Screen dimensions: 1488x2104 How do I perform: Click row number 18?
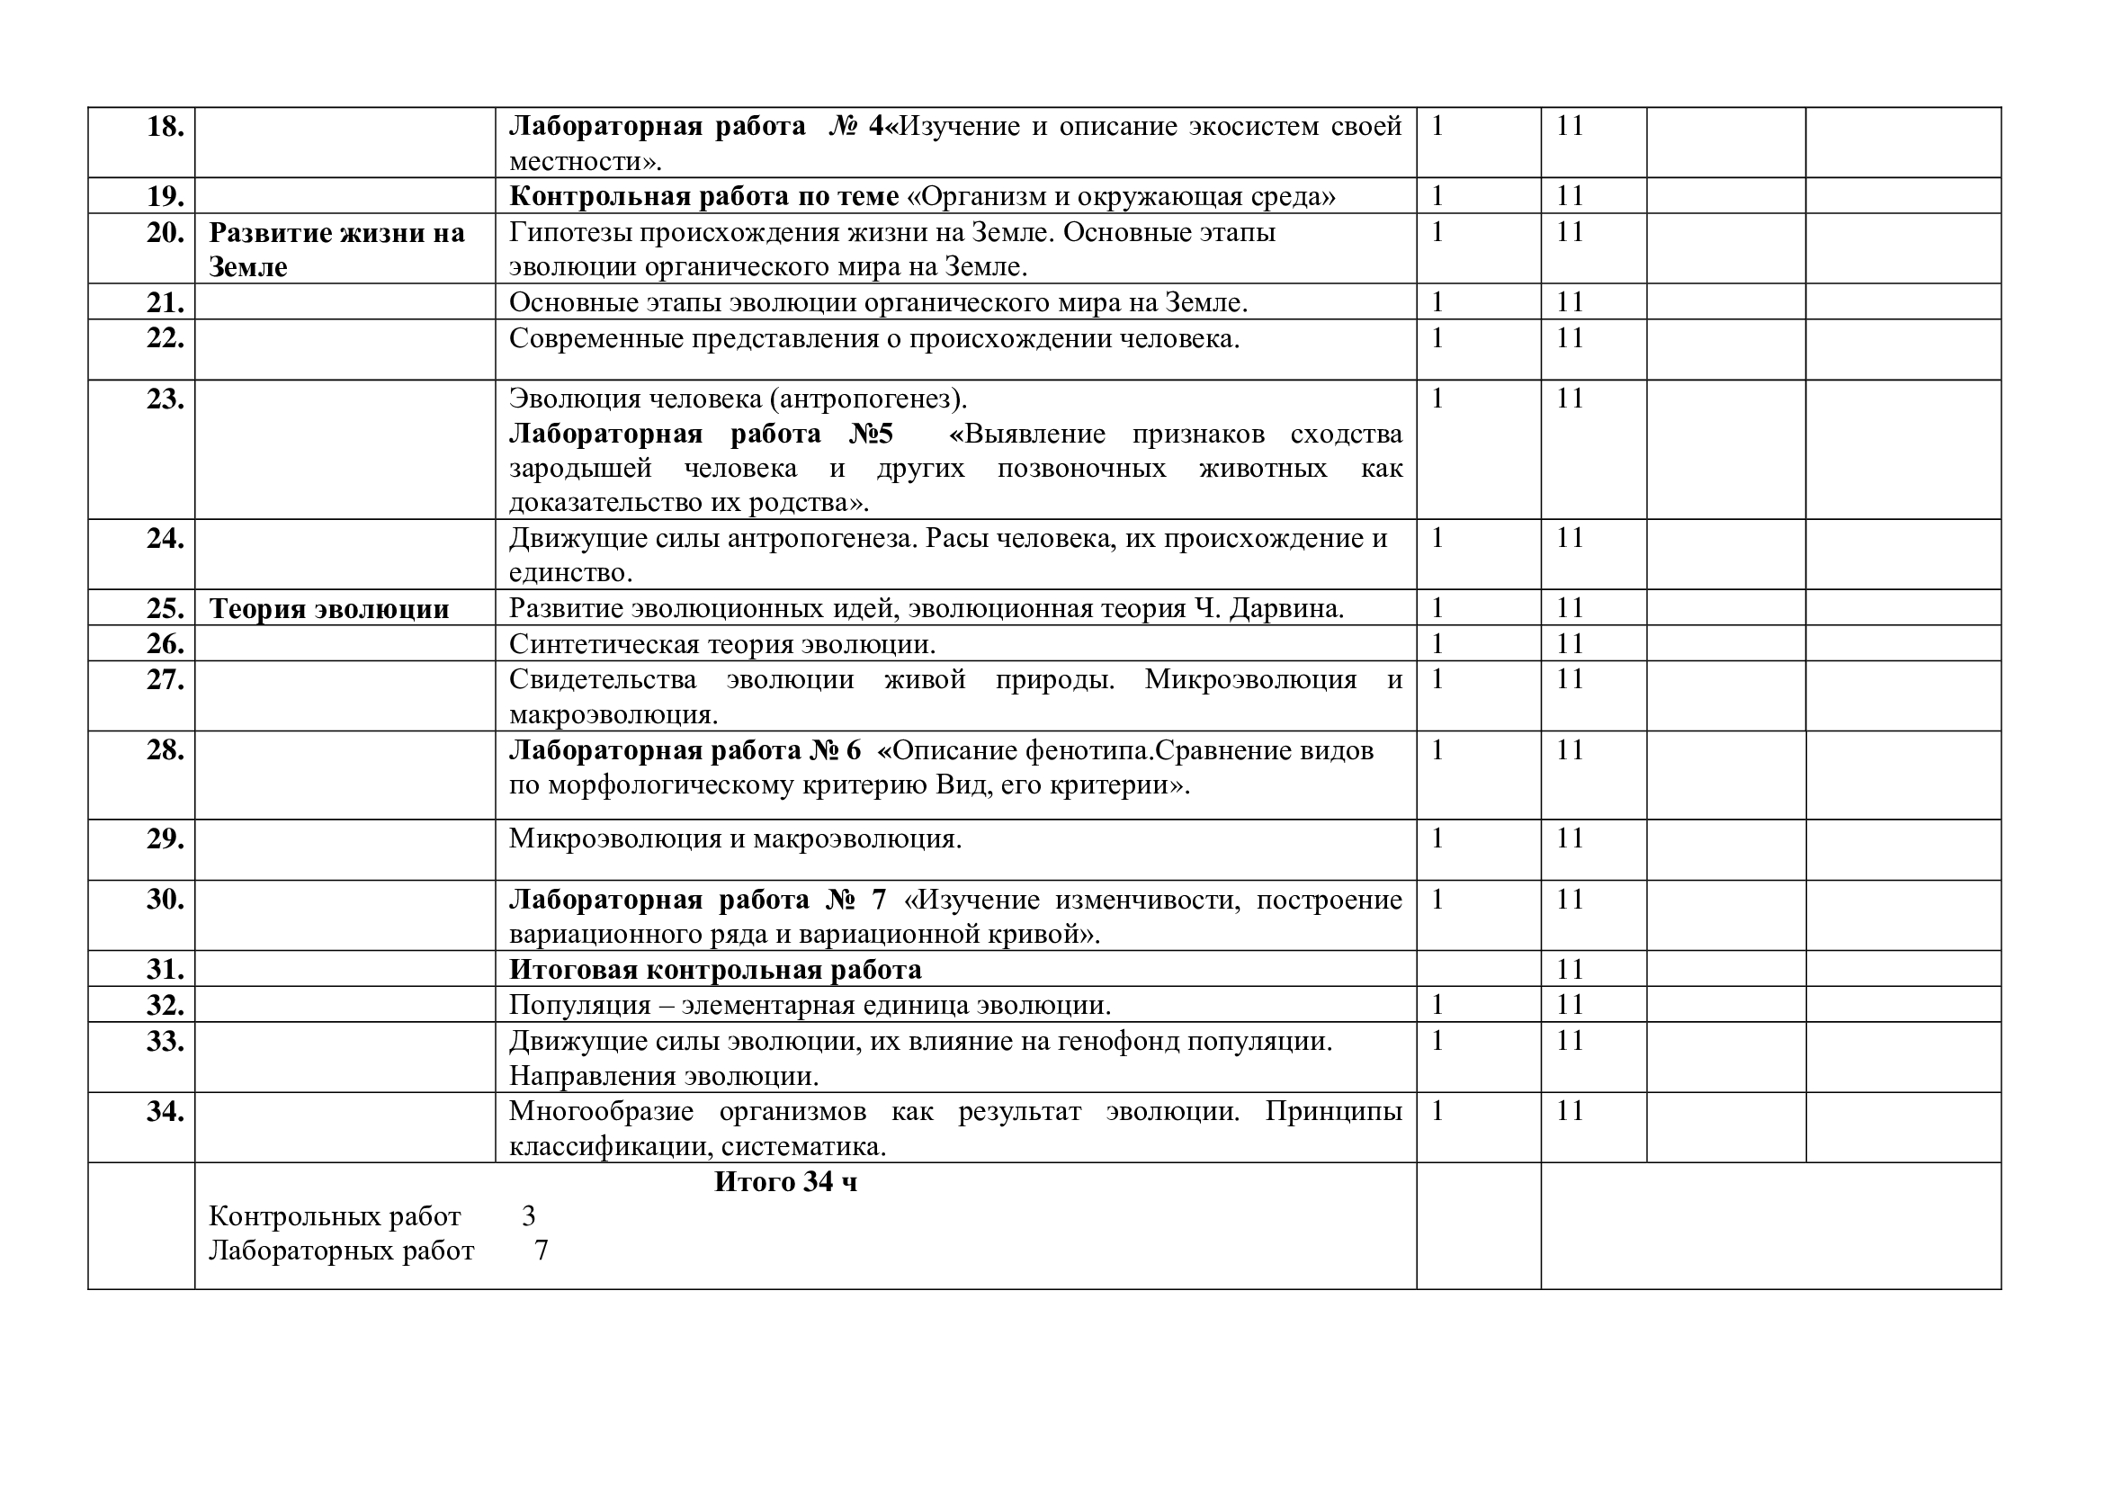coord(165,127)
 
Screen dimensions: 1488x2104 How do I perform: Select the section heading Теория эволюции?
coord(329,609)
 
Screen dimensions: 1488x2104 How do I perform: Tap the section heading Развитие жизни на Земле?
coord(336,249)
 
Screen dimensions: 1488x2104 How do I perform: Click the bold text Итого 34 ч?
coord(785,1182)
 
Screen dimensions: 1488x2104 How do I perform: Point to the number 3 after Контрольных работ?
coord(529,1216)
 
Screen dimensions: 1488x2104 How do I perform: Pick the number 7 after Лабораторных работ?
coord(542,1250)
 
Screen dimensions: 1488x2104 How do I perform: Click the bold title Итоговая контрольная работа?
coord(715,970)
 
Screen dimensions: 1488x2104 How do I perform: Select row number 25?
coord(165,609)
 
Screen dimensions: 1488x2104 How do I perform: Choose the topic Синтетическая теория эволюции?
coord(722,644)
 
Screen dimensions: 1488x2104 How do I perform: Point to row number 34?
coord(165,1112)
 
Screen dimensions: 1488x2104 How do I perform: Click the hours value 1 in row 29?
coord(1437,838)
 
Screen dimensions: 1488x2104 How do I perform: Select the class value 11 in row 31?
coord(1570,970)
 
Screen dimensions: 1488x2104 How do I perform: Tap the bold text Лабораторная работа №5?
coord(701,434)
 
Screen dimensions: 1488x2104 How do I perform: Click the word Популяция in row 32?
coord(578,1005)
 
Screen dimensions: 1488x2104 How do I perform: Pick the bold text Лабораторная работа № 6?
coord(685,750)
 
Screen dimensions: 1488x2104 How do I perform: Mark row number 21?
coord(165,302)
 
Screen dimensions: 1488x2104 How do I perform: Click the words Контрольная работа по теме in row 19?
coord(703,197)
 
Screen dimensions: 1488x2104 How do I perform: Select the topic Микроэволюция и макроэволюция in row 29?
coord(735,838)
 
